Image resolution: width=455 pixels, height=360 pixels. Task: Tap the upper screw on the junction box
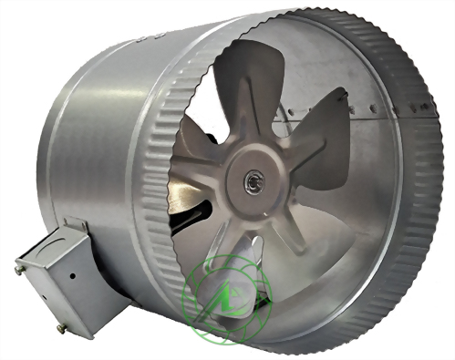[19, 269]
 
